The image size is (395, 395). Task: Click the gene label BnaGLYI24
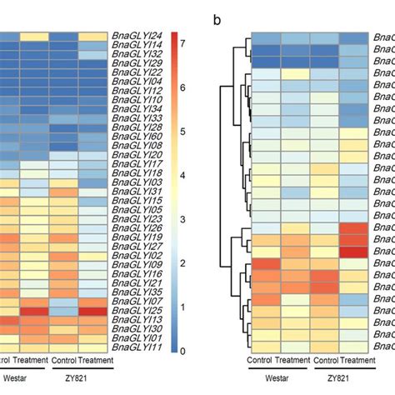click(137, 36)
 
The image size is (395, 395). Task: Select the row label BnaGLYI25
click(137, 310)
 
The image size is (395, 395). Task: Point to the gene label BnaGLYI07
click(137, 299)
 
